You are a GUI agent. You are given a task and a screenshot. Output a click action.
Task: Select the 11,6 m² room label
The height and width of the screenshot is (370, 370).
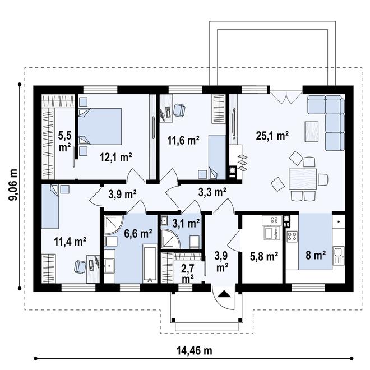pos(183,141)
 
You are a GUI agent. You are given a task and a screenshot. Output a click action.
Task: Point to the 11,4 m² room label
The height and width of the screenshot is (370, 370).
pos(70,242)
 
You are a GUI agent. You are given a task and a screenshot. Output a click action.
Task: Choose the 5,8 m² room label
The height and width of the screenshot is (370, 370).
pos(264,257)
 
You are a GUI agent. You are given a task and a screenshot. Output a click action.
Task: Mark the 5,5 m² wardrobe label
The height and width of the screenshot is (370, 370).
pos(64,141)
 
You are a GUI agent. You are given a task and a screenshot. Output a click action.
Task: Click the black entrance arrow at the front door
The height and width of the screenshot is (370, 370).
pos(223,293)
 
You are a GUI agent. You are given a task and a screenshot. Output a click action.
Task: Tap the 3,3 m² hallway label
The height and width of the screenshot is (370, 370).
pos(212,192)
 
